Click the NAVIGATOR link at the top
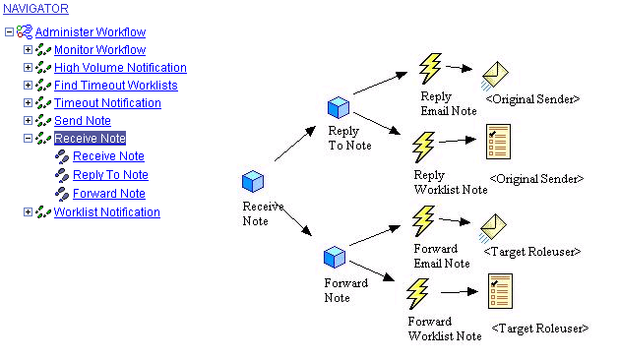[36, 9]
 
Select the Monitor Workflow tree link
[99, 50]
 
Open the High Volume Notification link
[120, 68]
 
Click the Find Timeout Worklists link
[115, 86]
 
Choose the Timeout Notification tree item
[107, 103]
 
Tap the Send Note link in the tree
[82, 121]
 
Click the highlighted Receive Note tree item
[90, 139]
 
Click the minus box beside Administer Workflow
[9, 32]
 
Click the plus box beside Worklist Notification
[28, 212]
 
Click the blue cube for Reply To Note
[340, 107]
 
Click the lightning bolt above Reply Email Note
[430, 69]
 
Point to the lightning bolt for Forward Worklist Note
[418, 294]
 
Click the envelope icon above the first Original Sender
[494, 76]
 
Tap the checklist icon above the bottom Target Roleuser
[499, 292]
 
